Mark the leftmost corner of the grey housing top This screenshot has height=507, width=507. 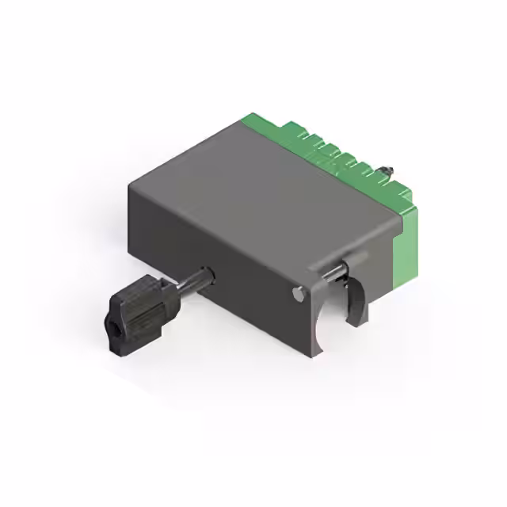[x=129, y=184]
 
